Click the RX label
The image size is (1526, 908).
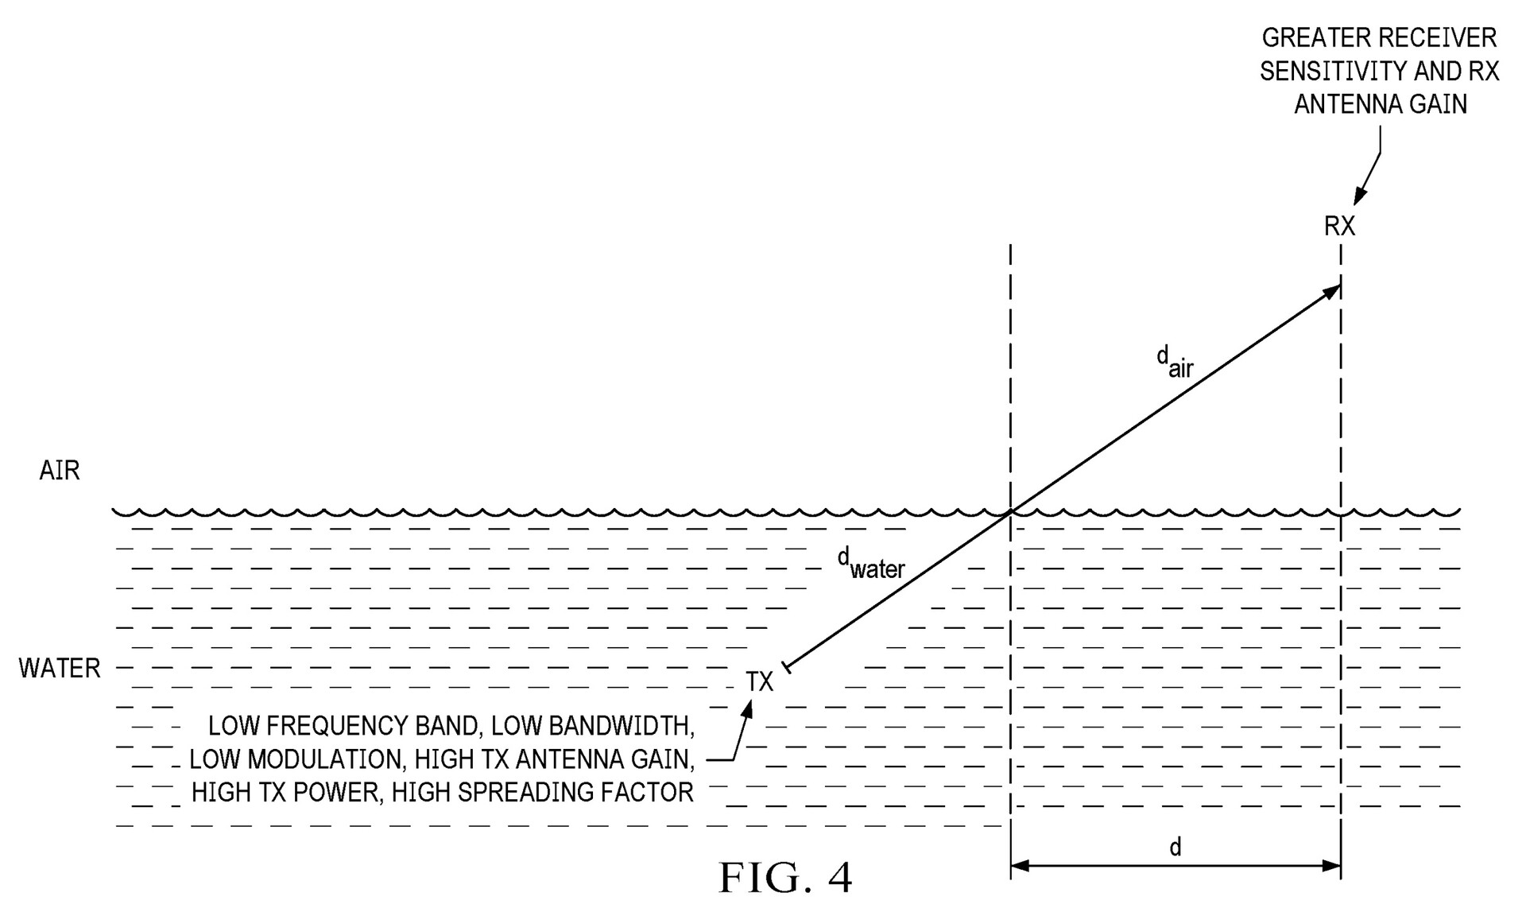coord(1339,227)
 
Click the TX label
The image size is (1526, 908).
coord(759,682)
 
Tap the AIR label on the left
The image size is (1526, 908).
coord(60,471)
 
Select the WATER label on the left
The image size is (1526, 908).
coord(60,668)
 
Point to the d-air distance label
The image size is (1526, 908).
coord(1175,362)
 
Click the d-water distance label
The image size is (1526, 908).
coord(871,563)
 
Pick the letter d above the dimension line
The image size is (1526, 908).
coord(1175,847)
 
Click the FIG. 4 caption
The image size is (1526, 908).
coord(785,878)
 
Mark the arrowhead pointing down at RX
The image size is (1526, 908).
coord(1360,194)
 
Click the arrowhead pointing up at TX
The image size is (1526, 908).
coord(747,709)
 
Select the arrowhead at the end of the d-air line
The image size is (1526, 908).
coord(1330,292)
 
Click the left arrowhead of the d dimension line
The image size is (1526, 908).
coord(1021,866)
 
